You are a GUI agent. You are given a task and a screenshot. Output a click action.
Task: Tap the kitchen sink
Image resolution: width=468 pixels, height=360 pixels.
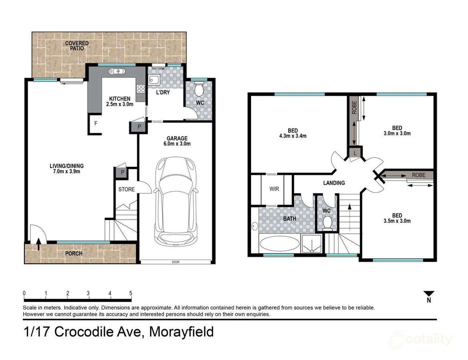tap(116, 71)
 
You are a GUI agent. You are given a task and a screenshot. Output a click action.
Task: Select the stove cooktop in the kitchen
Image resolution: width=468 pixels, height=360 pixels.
tap(141, 89)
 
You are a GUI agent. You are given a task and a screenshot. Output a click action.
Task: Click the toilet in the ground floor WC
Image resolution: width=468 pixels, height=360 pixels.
tap(199, 89)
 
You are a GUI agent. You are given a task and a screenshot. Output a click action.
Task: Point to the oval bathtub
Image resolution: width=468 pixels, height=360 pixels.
tap(279, 244)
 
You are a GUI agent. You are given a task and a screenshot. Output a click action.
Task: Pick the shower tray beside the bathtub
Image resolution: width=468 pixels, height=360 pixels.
tap(312, 244)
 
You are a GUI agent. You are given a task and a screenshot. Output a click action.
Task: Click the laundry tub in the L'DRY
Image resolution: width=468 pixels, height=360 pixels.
tap(154, 80)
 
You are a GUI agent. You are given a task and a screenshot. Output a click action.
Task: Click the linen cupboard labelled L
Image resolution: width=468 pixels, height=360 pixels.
tap(355, 153)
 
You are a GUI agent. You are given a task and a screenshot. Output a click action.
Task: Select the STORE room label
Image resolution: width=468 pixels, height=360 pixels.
tap(126, 189)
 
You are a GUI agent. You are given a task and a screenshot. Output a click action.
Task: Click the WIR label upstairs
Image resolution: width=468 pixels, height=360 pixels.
tap(274, 189)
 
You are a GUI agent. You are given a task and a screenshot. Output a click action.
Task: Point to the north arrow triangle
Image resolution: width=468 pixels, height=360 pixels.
tap(429, 293)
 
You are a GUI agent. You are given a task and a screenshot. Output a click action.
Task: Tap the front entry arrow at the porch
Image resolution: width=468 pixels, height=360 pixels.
tap(39, 244)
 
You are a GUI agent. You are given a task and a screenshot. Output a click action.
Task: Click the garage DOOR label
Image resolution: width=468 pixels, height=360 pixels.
tap(176, 262)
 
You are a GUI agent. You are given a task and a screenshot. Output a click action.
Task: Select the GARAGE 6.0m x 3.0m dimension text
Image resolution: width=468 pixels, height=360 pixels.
tap(177, 141)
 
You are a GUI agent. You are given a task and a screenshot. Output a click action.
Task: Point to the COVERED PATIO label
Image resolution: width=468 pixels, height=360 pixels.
tap(77, 46)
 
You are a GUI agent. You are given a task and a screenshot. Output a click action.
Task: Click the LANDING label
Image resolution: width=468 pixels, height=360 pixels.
tap(334, 183)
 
